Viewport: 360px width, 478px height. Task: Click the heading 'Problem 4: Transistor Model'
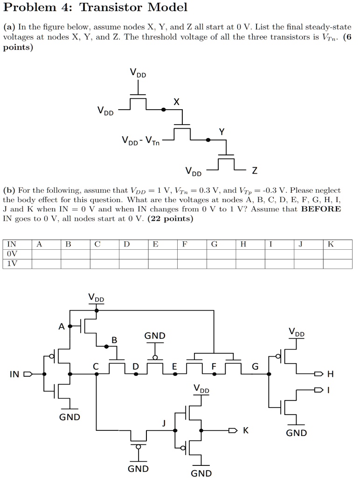tap(95, 7)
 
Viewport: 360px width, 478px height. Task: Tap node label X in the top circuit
tap(176, 101)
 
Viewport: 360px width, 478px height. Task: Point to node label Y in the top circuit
tap(222, 132)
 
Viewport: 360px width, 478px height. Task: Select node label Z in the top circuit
tap(255, 171)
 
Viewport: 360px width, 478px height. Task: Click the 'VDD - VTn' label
tap(141, 141)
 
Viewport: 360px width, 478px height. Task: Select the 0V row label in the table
tap(12, 254)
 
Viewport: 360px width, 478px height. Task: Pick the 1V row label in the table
tap(12, 263)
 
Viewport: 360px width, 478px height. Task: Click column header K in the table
tap(331, 244)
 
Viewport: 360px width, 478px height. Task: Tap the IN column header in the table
tap(12, 244)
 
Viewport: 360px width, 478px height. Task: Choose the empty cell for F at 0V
tap(192, 254)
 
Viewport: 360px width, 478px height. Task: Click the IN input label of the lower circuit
tap(14, 374)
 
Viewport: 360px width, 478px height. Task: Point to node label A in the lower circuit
tap(62, 326)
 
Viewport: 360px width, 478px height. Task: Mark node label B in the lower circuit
tap(114, 340)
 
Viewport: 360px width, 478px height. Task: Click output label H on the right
tap(331, 374)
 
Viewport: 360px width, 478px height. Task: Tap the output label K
tap(246, 430)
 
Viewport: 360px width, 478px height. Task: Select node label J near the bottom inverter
tap(164, 423)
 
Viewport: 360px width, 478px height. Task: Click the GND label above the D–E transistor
tap(155, 336)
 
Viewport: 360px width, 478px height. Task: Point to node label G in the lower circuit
tap(255, 366)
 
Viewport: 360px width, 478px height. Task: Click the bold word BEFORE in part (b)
tap(321, 209)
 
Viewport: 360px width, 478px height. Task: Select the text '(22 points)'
tap(170, 219)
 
